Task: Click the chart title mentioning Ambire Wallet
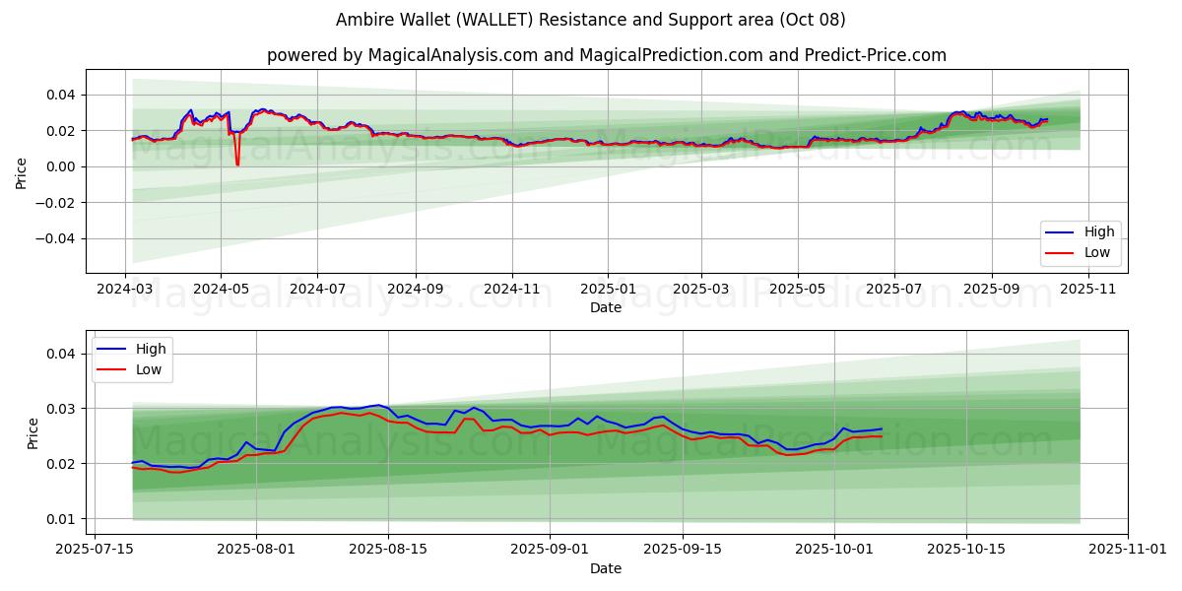(x=591, y=20)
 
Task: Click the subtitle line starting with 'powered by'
(x=606, y=55)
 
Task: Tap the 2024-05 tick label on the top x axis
(x=221, y=290)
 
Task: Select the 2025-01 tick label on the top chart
(x=607, y=290)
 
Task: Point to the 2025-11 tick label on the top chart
(x=1087, y=290)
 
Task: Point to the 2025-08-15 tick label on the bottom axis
(x=386, y=550)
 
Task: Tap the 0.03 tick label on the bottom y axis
(x=60, y=409)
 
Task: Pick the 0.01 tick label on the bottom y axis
(x=60, y=519)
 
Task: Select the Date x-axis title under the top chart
(x=606, y=307)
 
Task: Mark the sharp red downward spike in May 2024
(x=237, y=163)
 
